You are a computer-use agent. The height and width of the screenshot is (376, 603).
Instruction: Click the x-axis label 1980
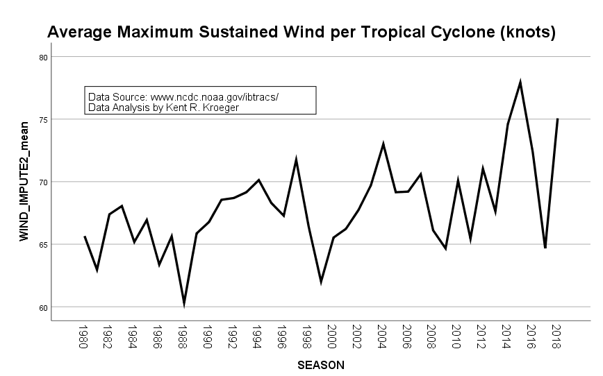(83, 336)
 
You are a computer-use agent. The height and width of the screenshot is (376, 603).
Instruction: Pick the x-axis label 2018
(556, 336)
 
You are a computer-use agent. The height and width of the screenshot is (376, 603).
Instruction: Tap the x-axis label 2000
(332, 336)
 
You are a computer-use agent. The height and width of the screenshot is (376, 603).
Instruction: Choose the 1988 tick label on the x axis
(183, 336)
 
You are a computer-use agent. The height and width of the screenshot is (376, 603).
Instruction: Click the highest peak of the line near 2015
(520, 82)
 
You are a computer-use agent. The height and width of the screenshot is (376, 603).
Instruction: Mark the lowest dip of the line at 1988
(183, 303)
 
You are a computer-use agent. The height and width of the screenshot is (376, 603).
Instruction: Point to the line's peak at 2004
(383, 144)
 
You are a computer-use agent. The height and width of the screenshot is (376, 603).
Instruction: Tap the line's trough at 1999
(321, 282)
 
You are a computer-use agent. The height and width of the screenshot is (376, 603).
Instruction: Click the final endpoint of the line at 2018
(558, 119)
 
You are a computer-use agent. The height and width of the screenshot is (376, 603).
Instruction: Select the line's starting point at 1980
(84, 237)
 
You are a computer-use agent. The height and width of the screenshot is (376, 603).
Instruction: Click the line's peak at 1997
(296, 160)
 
